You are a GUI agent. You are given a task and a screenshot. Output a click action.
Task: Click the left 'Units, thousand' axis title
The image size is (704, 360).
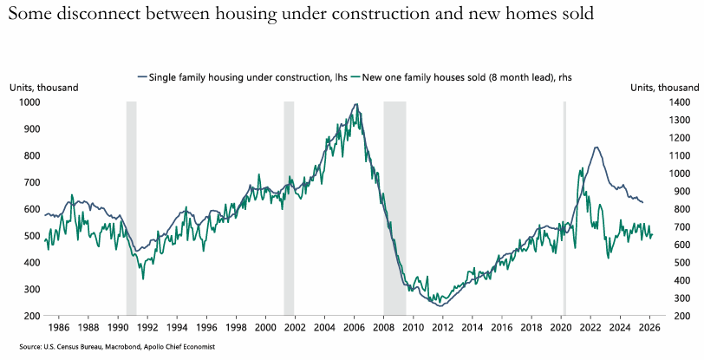[x=44, y=88]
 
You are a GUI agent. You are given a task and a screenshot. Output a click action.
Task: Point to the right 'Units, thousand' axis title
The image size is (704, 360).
[x=664, y=88]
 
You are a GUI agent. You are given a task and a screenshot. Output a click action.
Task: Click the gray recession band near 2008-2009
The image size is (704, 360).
[x=394, y=208]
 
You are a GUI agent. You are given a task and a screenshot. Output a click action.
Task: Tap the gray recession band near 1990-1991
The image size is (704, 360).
[x=132, y=208]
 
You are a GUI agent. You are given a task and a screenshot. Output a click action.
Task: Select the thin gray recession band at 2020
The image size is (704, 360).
[x=564, y=208]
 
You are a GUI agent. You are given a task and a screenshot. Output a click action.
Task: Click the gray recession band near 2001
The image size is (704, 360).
[x=289, y=208]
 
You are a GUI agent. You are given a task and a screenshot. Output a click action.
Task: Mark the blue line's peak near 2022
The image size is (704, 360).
[x=596, y=147]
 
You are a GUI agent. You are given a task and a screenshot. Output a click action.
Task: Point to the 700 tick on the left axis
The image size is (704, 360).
[x=30, y=183]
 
